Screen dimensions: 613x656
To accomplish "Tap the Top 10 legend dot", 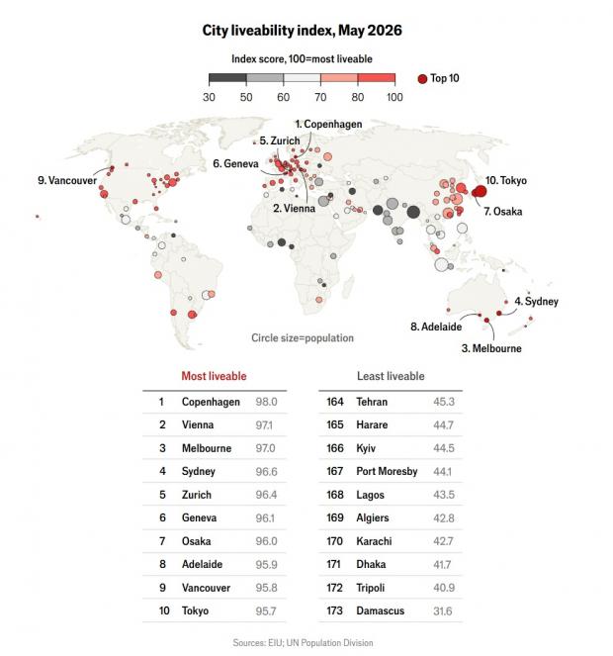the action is pos(422,78).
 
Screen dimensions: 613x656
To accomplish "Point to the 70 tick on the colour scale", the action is pos(320,97).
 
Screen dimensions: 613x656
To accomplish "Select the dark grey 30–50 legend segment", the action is pos(227,78).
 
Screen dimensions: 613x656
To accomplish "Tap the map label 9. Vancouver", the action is pos(67,180).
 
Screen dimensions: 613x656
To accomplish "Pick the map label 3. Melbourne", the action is pos(491,348).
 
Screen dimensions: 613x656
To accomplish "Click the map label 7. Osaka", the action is pos(503,212).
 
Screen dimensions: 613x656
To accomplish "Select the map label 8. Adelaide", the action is pos(436,327).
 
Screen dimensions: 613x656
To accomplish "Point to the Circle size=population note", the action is pos(303,338).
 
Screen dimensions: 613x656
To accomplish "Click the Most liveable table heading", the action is pos(215,376).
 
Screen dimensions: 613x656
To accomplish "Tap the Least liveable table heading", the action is pos(391,376).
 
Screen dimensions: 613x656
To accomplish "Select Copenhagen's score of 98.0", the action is pos(266,402).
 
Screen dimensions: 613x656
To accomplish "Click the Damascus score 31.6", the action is pos(443,611).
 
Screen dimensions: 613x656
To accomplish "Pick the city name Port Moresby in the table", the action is pos(387,472).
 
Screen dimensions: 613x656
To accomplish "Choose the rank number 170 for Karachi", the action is pos(334,541).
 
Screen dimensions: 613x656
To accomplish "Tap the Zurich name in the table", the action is pos(197,495).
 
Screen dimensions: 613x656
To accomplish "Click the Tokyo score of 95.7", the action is pos(266,611).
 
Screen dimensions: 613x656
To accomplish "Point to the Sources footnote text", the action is pos(303,642).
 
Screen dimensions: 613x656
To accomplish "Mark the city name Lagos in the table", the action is pos(370,495).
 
